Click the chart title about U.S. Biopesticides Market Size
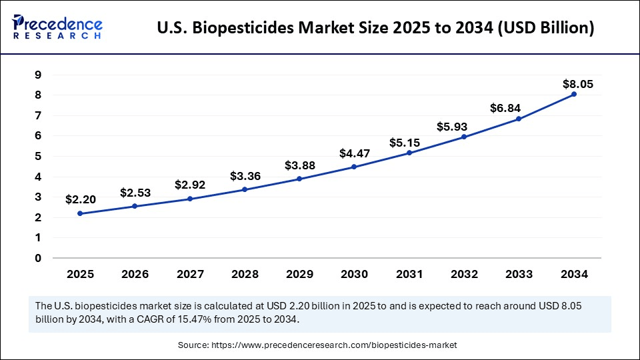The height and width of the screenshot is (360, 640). pyautogui.click(x=375, y=29)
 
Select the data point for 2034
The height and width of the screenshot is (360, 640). pyautogui.click(x=574, y=94)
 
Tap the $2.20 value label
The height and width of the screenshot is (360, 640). pyautogui.click(x=81, y=199)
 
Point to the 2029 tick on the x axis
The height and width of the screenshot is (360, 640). pyautogui.click(x=299, y=274)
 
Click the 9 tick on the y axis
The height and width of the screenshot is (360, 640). pyautogui.click(x=38, y=75)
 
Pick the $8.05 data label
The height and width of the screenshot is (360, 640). pyautogui.click(x=577, y=84)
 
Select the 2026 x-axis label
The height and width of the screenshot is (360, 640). pyautogui.click(x=135, y=274)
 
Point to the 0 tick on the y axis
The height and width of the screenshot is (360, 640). pyautogui.click(x=38, y=258)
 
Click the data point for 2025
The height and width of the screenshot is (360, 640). pyautogui.click(x=81, y=213)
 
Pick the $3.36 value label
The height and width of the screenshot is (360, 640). pyautogui.click(x=245, y=176)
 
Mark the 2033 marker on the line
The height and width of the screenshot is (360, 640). pyautogui.click(x=519, y=119)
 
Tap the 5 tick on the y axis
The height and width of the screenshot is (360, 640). pyautogui.click(x=38, y=156)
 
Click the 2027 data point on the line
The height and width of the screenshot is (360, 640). pyautogui.click(x=190, y=199)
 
